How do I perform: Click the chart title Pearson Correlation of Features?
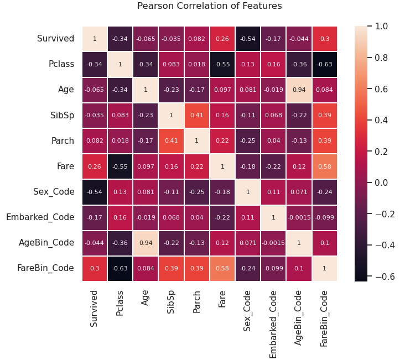coord(209,6)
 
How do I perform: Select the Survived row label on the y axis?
coord(55,39)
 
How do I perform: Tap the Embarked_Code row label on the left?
coord(40,217)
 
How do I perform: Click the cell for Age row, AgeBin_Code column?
coord(299,90)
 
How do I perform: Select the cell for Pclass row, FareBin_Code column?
coord(324,65)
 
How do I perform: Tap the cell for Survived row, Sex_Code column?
coord(248,39)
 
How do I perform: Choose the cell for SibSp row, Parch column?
coord(196,116)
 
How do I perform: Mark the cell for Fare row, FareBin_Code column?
coord(324,166)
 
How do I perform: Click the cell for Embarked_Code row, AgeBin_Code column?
coord(299,217)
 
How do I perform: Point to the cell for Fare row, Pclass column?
coord(120,166)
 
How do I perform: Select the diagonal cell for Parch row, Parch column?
coord(196,141)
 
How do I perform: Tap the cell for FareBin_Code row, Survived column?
coord(95,268)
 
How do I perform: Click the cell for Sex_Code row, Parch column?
coord(196,192)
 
